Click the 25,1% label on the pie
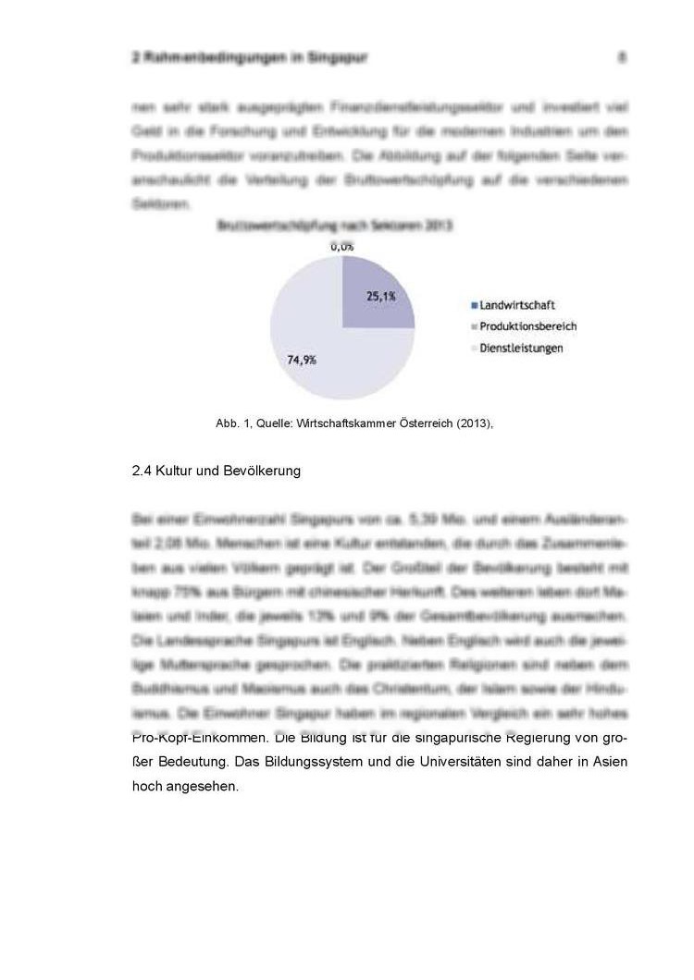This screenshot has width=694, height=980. tap(381, 297)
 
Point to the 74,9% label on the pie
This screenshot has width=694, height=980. tap(302, 361)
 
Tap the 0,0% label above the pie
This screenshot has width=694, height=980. tap(342, 247)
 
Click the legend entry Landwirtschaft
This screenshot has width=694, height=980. tap(517, 305)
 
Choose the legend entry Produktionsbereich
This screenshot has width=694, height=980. tap(528, 326)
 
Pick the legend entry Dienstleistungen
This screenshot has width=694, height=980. tap(521, 349)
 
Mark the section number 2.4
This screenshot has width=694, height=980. tap(142, 472)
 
